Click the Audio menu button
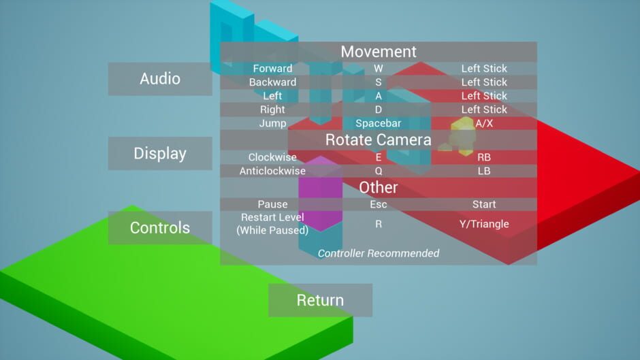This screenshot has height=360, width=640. point(160,79)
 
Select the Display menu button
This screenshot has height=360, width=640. point(160,154)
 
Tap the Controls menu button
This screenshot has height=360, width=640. point(160,228)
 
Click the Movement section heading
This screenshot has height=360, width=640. point(379,52)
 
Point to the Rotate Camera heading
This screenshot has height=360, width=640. point(379,140)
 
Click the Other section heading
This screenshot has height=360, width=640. point(379,187)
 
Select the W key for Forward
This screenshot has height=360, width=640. point(379,69)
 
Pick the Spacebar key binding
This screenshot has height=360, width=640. point(379,123)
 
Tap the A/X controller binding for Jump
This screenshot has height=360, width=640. point(484,123)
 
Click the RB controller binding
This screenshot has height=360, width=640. point(484,157)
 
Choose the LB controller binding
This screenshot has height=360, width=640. point(484,171)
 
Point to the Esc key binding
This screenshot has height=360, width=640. point(379,204)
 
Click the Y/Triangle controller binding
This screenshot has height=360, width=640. point(484,224)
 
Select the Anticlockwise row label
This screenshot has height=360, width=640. point(272,171)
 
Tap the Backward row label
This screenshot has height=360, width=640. point(272,82)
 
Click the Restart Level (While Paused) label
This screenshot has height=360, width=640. point(272,224)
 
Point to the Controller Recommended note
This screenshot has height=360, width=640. point(379,253)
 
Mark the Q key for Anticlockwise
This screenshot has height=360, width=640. point(379,171)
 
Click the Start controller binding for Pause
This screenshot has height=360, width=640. point(484,204)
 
